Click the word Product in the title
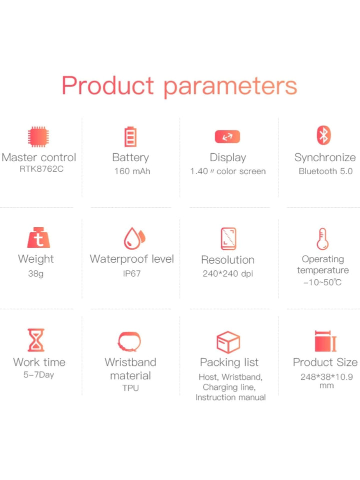[x=107, y=85]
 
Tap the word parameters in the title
[x=230, y=87]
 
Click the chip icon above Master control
[x=38, y=137]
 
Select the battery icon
[x=130, y=137]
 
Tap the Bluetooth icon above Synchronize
[x=323, y=135]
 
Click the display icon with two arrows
[x=227, y=137]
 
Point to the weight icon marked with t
[x=38, y=238]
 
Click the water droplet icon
[x=134, y=238]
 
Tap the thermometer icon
[x=322, y=239]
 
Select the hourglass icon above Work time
[x=36, y=340]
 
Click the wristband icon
[x=129, y=341]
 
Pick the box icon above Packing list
[x=228, y=342]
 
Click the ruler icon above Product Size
[x=325, y=341]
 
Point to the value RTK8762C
[x=41, y=169]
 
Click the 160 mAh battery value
[x=132, y=171]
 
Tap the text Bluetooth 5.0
[x=325, y=171]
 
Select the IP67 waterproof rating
[x=132, y=273]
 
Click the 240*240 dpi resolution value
[x=228, y=273]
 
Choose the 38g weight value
[x=36, y=274]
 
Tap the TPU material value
[x=130, y=388]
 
